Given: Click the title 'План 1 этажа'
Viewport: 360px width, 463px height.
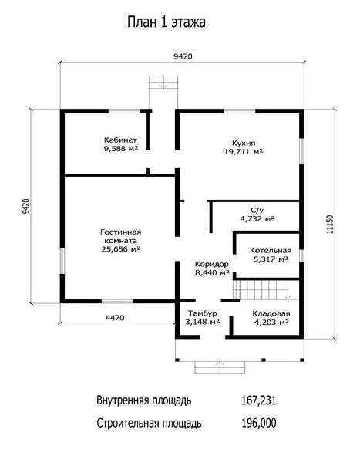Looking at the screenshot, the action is (x=167, y=22).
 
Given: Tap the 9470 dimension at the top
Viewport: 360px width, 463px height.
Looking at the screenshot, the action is (x=183, y=56).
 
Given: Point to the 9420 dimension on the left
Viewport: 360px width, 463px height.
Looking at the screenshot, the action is (x=26, y=206).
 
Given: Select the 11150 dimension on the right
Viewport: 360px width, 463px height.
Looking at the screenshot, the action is (x=330, y=224).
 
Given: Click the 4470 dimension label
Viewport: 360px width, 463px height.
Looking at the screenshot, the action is (x=115, y=318).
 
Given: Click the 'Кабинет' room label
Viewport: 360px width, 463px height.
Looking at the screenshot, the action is (x=120, y=140).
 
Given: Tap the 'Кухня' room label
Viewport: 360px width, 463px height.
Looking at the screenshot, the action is (x=244, y=144).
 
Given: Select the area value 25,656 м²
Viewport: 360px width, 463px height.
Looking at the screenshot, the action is (x=121, y=249).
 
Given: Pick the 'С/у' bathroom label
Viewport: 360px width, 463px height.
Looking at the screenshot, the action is (x=257, y=210).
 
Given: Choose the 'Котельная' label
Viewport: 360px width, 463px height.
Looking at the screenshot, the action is (x=271, y=250).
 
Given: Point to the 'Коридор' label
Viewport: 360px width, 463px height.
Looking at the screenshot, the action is (x=212, y=264).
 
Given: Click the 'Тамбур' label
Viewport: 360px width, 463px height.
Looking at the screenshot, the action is (x=203, y=313).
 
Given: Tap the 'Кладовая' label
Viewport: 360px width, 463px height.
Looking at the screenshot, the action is (x=271, y=313).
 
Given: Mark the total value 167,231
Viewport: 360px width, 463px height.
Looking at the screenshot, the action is (x=259, y=400).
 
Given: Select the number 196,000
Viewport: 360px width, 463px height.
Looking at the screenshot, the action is (x=259, y=423).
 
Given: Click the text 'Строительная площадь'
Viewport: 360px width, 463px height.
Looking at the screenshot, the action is (x=149, y=424).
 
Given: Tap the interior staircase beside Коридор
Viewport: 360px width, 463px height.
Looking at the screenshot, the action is (x=262, y=290).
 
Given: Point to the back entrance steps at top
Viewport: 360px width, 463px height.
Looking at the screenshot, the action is (x=163, y=82).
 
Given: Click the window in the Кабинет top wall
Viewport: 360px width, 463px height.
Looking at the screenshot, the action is (x=124, y=111).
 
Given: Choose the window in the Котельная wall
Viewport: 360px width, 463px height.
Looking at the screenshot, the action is (x=301, y=255).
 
